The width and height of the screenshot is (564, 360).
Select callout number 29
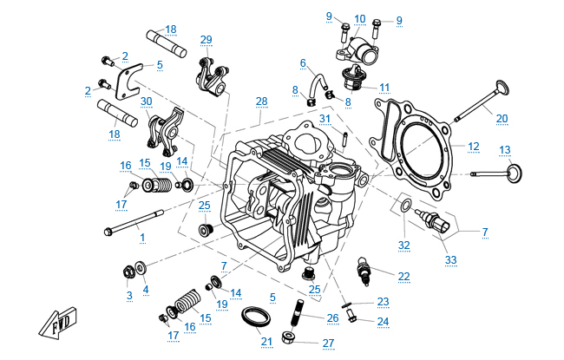point(206,40)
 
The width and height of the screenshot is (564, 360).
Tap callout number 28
point(260,102)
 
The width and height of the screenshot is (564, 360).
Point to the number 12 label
point(474,146)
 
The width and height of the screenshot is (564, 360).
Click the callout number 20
point(502,119)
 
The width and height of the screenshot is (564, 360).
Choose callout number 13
point(505,149)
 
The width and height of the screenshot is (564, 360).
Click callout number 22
point(404,276)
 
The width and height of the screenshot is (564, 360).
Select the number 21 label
point(266,342)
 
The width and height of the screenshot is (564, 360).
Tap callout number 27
point(327,343)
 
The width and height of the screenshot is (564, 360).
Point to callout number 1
point(142,238)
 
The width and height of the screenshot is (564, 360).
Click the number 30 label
point(146,101)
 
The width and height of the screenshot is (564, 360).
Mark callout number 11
point(384,87)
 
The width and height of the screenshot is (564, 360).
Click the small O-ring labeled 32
point(404,206)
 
